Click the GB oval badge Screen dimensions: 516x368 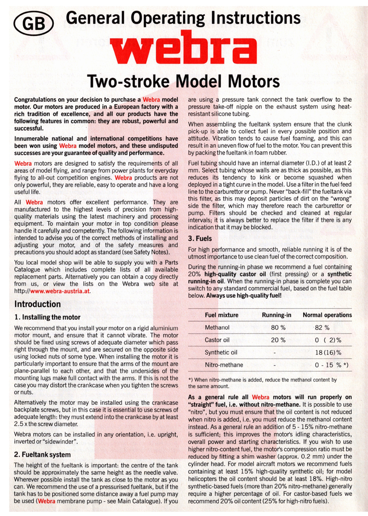(34, 23)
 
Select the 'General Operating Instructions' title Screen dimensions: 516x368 (183, 18)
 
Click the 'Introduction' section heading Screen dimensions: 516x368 (38, 304)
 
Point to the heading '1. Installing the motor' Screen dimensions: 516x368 (47, 317)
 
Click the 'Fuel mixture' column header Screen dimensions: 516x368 (222, 315)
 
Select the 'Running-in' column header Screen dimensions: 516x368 (277, 315)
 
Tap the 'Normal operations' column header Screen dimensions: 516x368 (327, 315)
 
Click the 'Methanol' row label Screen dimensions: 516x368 (218, 328)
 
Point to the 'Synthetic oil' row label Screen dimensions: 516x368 (221, 353)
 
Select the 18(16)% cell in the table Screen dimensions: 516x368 (328, 353)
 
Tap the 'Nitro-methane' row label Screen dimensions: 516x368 (224, 365)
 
